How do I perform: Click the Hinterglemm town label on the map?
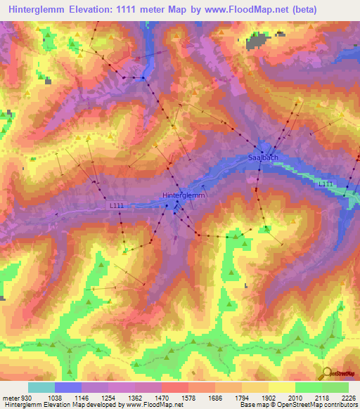pos(184,196)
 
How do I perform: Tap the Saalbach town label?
pos(263,159)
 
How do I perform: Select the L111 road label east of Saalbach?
pos(325,183)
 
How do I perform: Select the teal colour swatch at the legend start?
pos(41,387)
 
